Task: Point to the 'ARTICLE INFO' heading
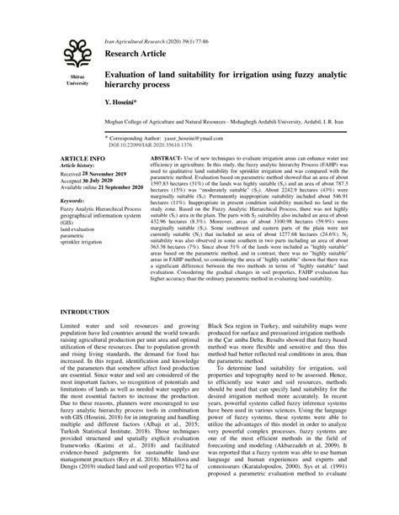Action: point(82,158)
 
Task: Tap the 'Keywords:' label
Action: point(73,202)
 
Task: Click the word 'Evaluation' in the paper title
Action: point(129,76)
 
